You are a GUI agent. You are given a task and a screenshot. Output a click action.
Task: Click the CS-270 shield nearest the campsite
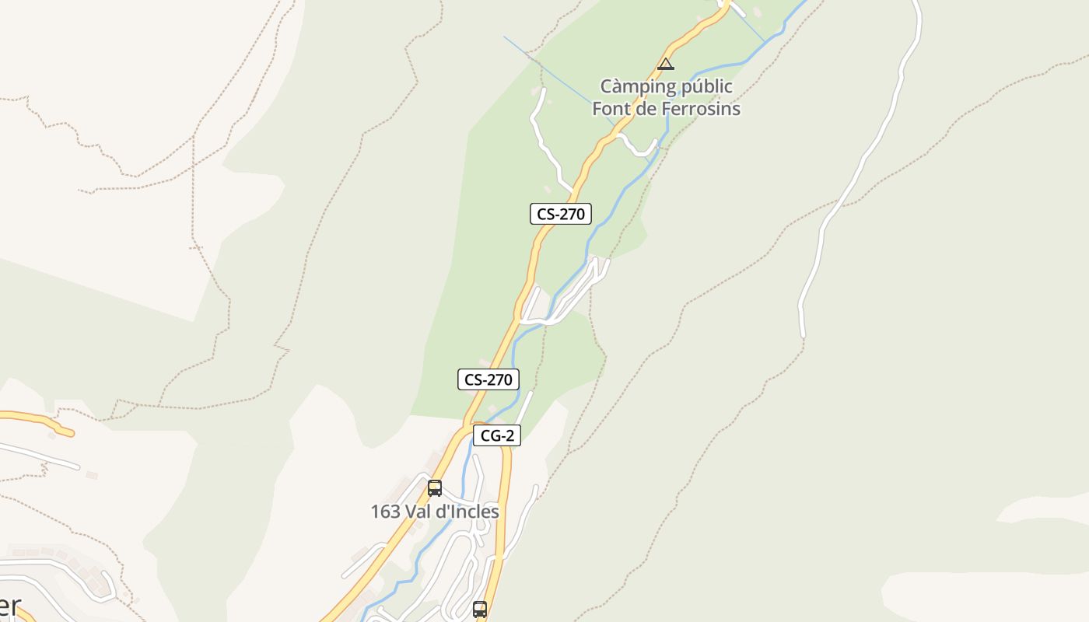click(560, 214)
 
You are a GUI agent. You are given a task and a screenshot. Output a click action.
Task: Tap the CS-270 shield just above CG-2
click(488, 379)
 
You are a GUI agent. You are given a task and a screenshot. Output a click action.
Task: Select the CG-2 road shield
click(496, 435)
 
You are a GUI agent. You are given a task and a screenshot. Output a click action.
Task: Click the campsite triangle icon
click(665, 64)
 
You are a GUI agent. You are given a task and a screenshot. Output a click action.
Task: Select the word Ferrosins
click(701, 108)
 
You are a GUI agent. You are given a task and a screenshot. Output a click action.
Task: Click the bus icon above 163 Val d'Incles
click(435, 488)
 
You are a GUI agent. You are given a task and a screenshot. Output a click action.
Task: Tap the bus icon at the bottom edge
click(480, 609)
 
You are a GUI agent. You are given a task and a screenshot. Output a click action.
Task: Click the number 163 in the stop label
click(386, 512)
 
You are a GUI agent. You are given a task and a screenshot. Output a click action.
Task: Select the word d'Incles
click(471, 512)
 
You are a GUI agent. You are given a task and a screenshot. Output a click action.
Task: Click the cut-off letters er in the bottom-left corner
click(9, 606)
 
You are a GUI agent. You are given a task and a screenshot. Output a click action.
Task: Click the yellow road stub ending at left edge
click(31, 418)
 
